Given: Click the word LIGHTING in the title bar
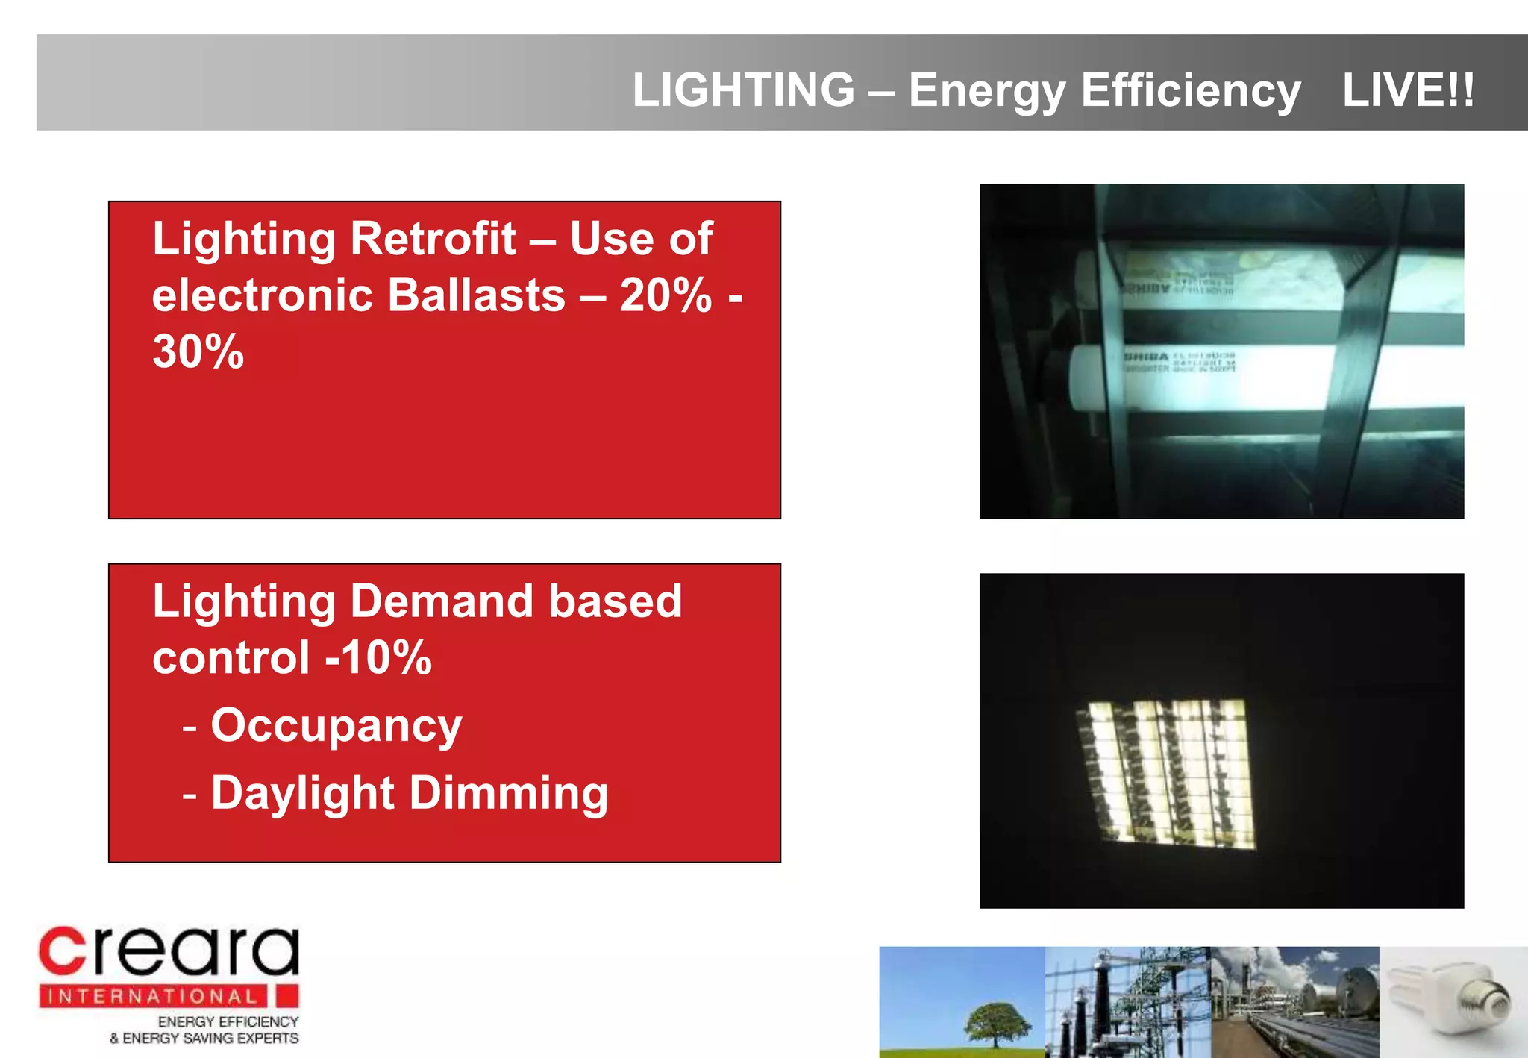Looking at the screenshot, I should click(x=743, y=90).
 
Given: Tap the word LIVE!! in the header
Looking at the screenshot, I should click(x=1408, y=90).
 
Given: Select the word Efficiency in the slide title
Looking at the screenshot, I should click(x=1191, y=90).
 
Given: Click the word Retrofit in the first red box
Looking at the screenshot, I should click(x=433, y=239).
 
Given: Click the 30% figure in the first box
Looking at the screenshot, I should click(x=198, y=351).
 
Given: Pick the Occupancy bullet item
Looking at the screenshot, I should click(x=336, y=725).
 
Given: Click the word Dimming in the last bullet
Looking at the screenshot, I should click(x=509, y=792).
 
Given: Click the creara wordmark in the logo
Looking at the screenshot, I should click(x=169, y=951).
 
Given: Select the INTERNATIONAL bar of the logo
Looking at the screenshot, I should click(x=153, y=996).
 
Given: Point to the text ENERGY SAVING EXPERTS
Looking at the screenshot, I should click(x=210, y=1038).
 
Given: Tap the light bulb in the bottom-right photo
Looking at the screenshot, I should click(x=1455, y=1000).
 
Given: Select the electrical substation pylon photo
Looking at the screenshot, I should click(x=1127, y=1002).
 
